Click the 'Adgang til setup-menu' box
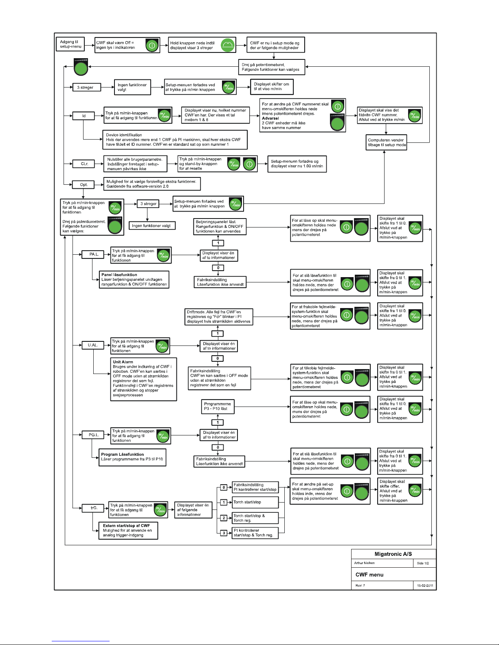(x=70, y=44)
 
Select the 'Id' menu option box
(x=84, y=116)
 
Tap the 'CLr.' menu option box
(x=84, y=164)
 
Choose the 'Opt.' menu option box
(x=84, y=185)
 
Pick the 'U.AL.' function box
(x=93, y=345)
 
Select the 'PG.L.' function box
(x=93, y=435)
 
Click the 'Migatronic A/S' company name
(x=393, y=554)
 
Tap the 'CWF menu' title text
(x=369, y=575)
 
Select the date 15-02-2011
(x=425, y=586)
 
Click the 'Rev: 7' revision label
(x=360, y=586)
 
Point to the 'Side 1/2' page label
(x=423, y=563)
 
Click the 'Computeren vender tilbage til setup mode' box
(x=386, y=142)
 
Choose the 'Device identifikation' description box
(x=175, y=140)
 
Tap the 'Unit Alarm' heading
(x=123, y=362)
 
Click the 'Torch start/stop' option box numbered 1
(x=255, y=502)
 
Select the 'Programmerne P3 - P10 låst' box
(x=218, y=407)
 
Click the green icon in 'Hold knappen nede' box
(x=228, y=45)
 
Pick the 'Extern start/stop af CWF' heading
(x=126, y=526)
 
